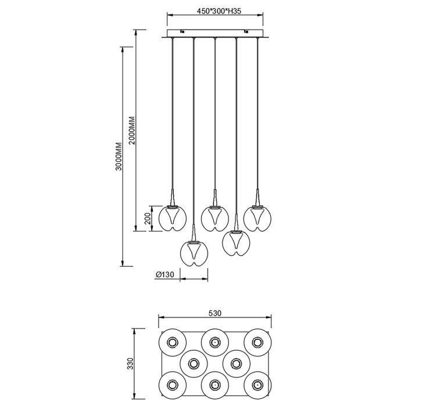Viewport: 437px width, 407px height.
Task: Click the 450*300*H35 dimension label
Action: (218, 11)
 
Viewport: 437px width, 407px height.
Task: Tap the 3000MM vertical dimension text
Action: (119, 156)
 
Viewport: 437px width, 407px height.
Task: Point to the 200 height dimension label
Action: (148, 218)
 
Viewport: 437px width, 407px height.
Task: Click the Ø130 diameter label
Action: (164, 274)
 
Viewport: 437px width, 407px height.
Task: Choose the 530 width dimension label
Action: (215, 313)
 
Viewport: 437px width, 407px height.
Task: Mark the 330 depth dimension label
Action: (130, 363)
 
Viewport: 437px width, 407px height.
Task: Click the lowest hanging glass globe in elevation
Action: (194, 253)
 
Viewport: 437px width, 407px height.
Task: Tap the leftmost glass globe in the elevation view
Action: (173, 218)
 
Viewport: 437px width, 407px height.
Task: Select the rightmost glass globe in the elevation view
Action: (257, 218)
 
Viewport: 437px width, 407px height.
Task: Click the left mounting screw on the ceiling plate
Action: (182, 32)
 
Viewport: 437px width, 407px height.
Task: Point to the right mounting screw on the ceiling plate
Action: (246, 32)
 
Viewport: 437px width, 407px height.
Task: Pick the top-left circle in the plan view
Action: (172, 342)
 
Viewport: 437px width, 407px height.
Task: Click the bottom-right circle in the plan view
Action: (257, 385)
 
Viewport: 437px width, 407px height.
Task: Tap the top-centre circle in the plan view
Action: (215, 342)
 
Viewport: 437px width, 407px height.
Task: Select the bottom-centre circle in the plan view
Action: (215, 385)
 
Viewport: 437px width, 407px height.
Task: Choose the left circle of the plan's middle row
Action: (194, 363)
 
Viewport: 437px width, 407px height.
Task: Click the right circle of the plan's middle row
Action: (237, 363)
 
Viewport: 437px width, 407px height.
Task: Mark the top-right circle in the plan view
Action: (257, 342)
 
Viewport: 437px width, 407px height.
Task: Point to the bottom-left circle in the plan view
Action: (172, 385)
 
